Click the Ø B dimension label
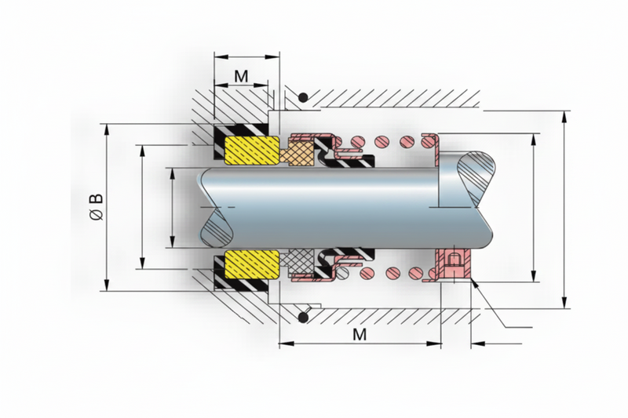click(x=97, y=207)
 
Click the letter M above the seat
click(x=241, y=75)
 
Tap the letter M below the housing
click(x=360, y=334)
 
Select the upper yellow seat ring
click(x=252, y=151)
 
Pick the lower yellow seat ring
click(x=252, y=264)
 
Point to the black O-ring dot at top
click(x=303, y=97)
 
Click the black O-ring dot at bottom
click(x=303, y=318)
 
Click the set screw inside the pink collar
click(x=455, y=264)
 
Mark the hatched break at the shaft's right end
click(x=476, y=177)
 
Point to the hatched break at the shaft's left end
click(x=219, y=229)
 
